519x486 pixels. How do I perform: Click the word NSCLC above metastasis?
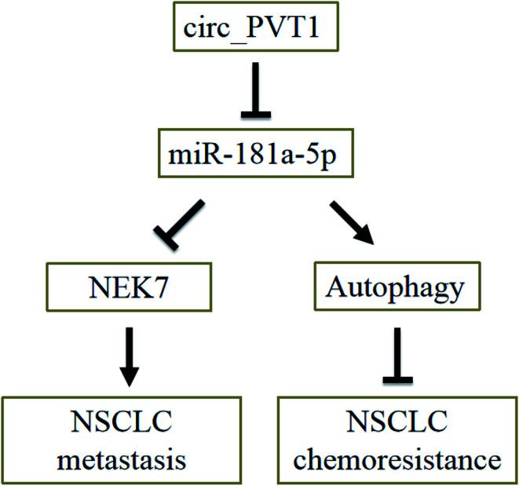coord(129,425)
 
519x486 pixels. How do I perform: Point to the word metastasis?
coord(129,457)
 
